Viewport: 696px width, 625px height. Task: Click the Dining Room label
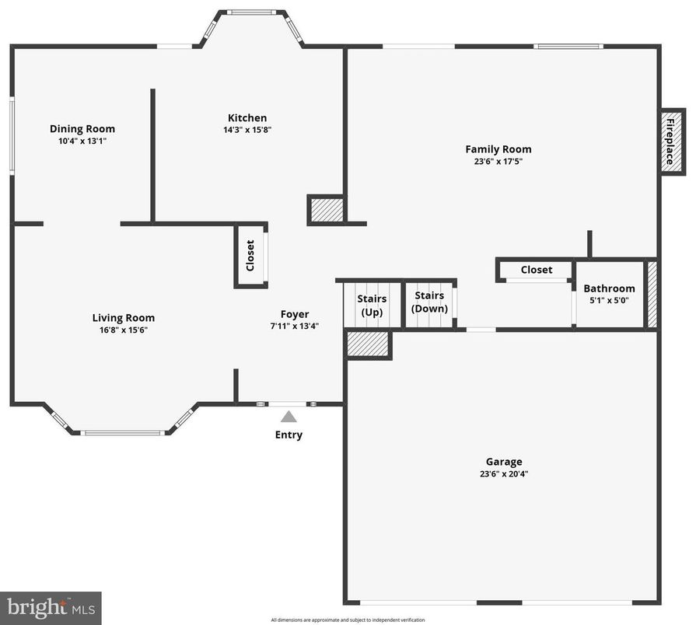[82, 129]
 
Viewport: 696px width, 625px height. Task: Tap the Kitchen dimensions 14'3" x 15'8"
[247, 131]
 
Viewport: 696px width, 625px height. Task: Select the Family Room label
[498, 149]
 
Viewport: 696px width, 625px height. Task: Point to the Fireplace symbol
[673, 141]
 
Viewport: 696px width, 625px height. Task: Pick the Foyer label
[295, 314]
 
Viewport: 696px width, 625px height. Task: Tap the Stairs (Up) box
[372, 305]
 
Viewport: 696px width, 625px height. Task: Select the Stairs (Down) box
[429, 302]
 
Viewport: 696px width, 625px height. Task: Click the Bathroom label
[609, 288]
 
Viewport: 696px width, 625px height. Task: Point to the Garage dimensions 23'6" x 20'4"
[504, 473]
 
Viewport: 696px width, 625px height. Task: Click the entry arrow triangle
[289, 417]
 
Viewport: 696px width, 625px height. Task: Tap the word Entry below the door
[289, 435]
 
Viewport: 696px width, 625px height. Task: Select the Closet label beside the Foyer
[250, 255]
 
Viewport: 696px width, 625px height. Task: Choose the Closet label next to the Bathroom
[537, 270]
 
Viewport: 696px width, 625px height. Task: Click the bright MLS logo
[51, 608]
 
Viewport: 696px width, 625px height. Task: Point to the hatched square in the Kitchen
[327, 210]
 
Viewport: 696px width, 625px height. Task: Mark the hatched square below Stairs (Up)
[368, 344]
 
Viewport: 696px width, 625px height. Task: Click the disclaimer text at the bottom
[348, 620]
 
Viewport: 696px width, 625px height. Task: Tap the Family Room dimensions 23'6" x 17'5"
[498, 162]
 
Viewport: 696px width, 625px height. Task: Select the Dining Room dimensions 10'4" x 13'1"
[82, 141]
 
